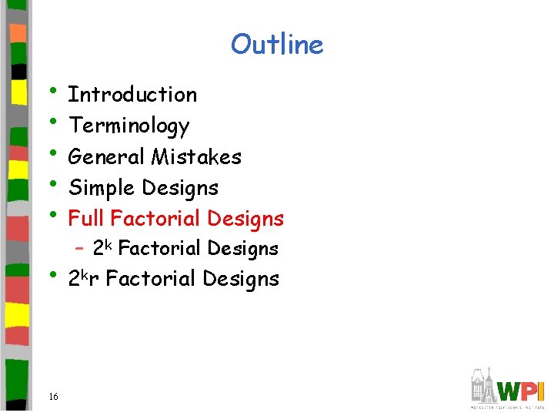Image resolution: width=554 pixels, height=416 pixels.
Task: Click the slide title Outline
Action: pos(277,44)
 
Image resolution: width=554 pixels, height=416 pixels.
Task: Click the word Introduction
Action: pos(132,95)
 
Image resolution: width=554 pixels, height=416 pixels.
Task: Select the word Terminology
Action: pos(128,126)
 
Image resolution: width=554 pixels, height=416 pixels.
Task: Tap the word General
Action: pos(107,157)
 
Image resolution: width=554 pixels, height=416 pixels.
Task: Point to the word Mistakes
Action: pos(196,157)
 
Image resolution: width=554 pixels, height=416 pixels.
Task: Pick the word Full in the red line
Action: pos(86,219)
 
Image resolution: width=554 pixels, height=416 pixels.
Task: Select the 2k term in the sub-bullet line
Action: pos(102,247)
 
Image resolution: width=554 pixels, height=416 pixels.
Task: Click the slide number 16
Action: pos(53,397)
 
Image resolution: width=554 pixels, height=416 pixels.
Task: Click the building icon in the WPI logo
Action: pos(484,383)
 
